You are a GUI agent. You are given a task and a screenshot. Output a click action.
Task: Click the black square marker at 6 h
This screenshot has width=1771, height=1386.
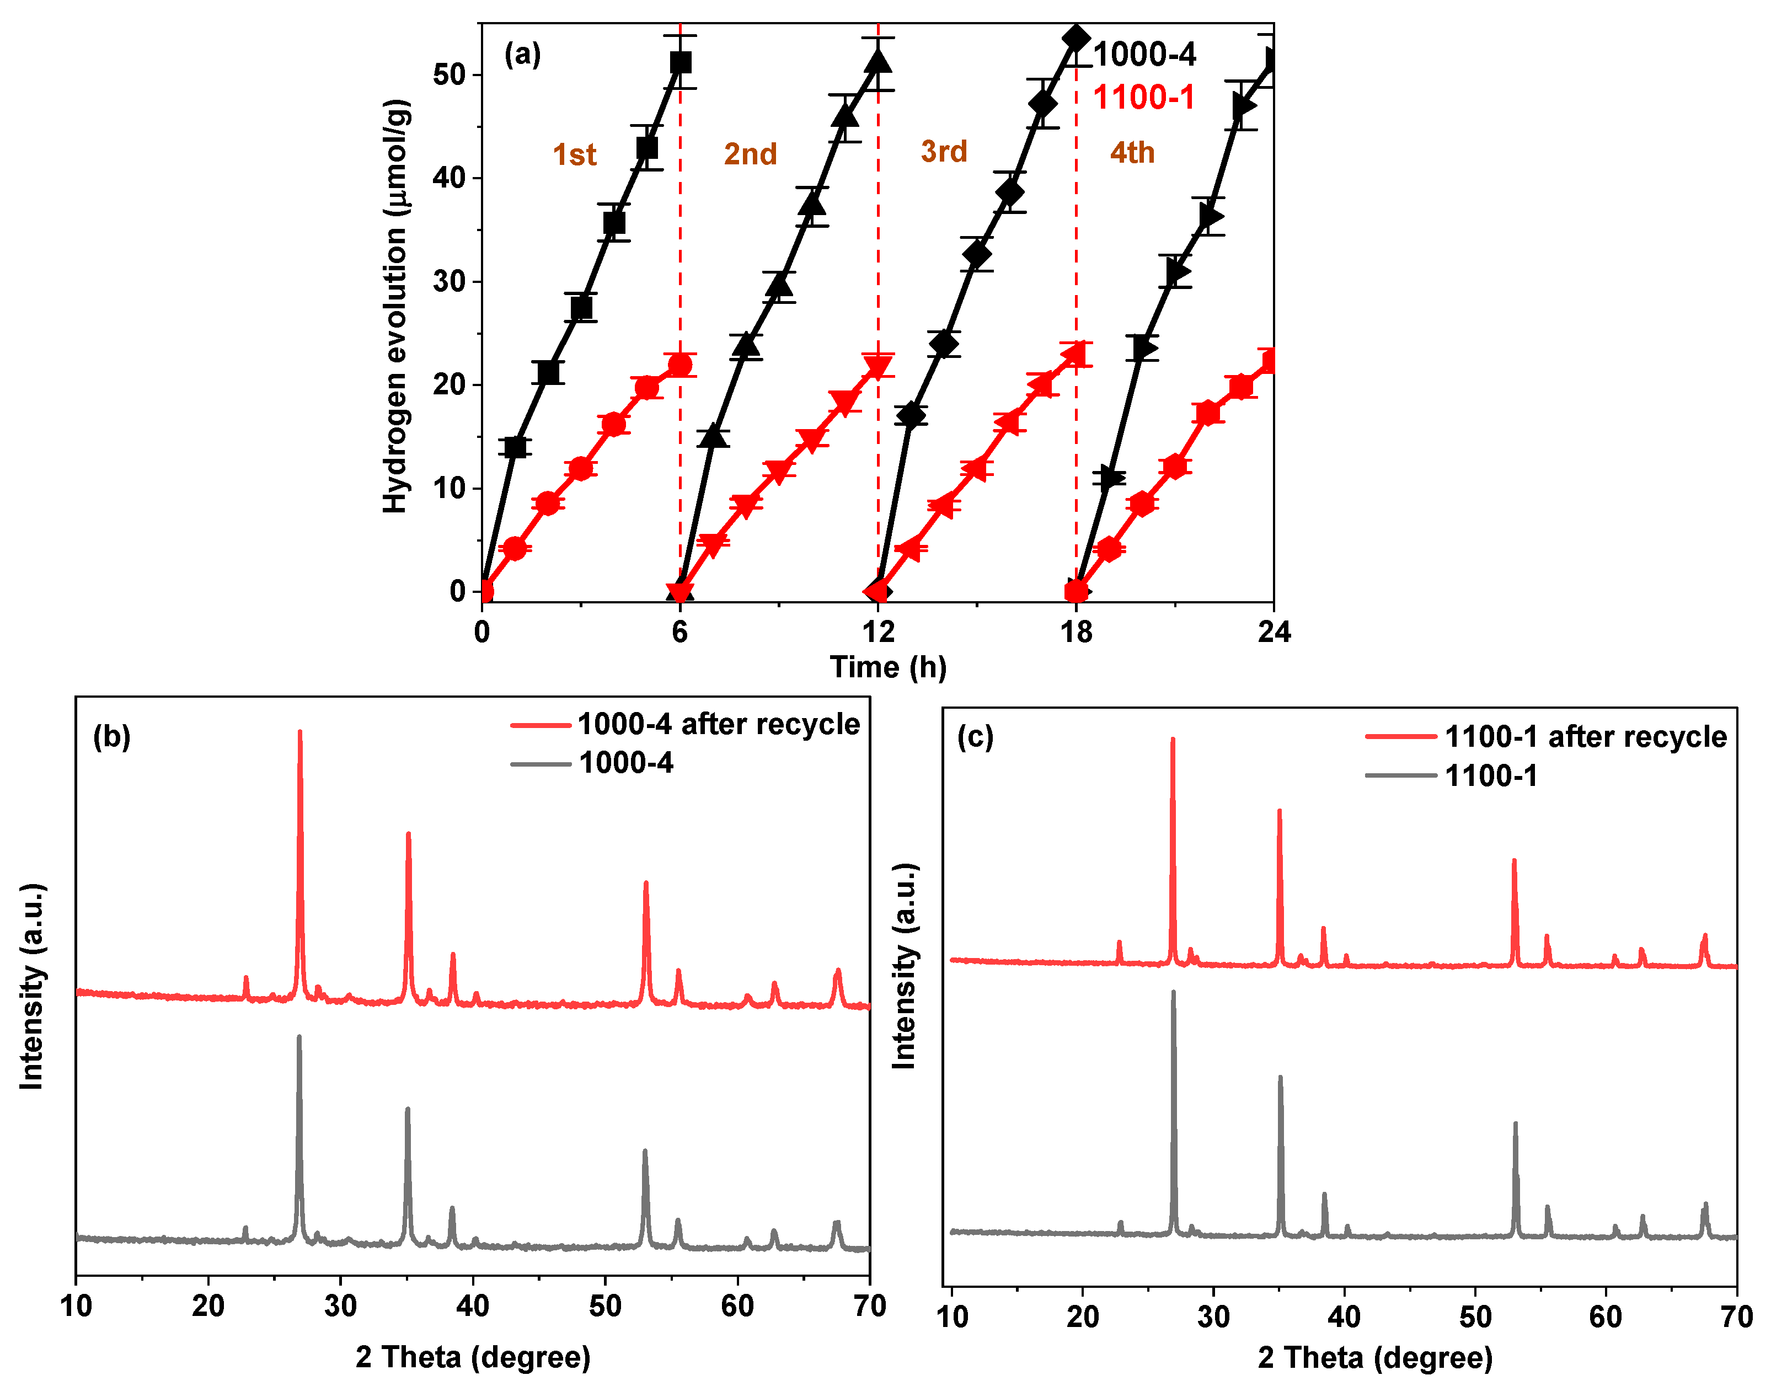[681, 62]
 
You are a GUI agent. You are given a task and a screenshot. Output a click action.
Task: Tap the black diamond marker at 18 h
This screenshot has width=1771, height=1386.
[1077, 38]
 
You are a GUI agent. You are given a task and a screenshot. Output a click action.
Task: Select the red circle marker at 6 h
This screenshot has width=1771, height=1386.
[681, 365]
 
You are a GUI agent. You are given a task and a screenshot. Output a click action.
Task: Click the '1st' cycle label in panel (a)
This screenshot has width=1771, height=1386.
[574, 154]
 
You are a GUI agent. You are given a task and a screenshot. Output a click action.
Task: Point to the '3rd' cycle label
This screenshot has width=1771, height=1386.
[944, 151]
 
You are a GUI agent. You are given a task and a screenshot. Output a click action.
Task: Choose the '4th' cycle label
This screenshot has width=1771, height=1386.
[1132, 153]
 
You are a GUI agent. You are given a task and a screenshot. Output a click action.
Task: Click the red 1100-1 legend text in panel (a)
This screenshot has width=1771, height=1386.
[1143, 98]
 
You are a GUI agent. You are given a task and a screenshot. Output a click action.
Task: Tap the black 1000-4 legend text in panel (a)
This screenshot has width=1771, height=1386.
[1144, 55]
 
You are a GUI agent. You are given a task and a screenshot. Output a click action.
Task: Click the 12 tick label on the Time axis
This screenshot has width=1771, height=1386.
[878, 632]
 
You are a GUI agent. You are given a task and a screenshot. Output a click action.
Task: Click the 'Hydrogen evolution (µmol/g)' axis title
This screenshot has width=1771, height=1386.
[395, 306]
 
